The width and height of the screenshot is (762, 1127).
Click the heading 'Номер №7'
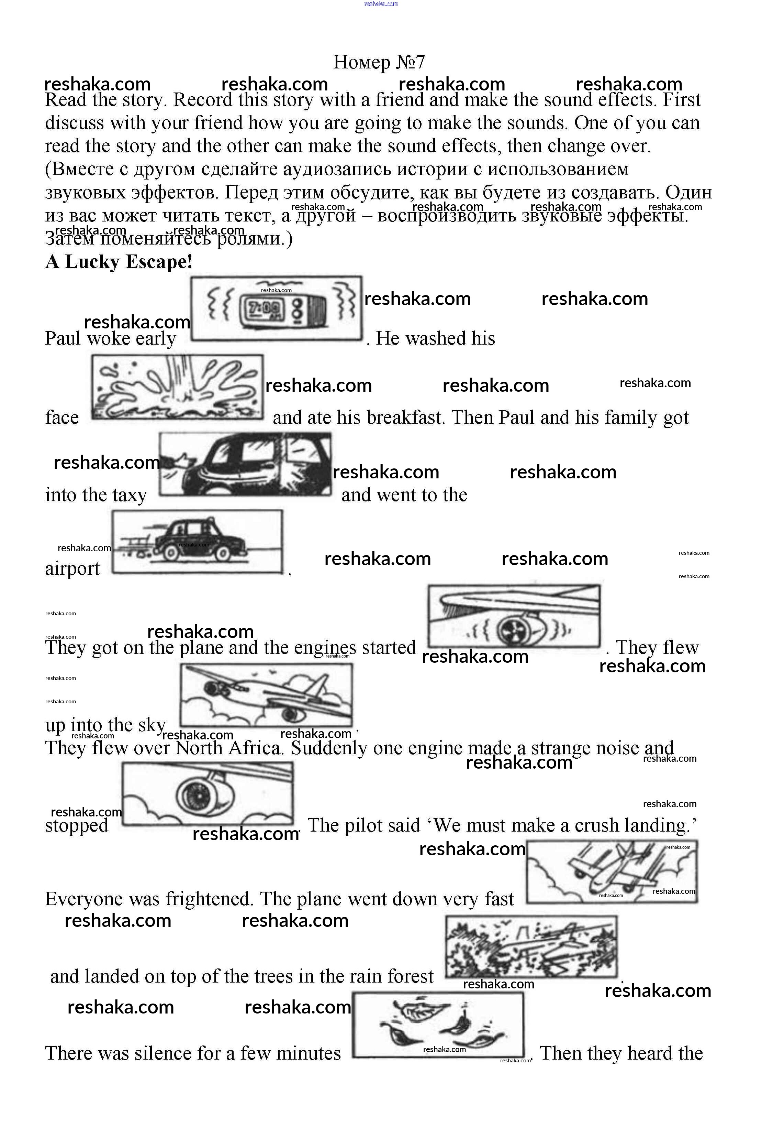[379, 62]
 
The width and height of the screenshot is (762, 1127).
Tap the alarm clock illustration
[276, 308]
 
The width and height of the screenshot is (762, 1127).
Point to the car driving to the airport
[197, 542]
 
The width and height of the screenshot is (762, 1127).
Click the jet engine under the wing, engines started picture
[514, 616]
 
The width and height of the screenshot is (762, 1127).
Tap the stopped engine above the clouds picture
[207, 793]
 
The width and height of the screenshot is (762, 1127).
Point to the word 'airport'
[72, 568]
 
